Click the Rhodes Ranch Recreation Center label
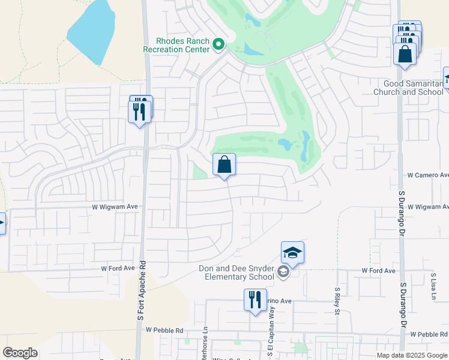pyautogui.click(x=176, y=45)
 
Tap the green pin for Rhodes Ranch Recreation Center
pyautogui.click(x=219, y=44)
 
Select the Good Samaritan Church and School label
pyautogui.click(x=408, y=88)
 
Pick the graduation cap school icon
pyautogui.click(x=292, y=253)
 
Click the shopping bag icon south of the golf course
pyautogui.click(x=224, y=164)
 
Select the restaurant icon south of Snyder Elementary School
pyautogui.click(x=255, y=299)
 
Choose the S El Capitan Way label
pyautogui.click(x=272, y=331)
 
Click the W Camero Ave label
pyautogui.click(x=427, y=175)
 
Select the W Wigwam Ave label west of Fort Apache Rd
pyautogui.click(x=115, y=206)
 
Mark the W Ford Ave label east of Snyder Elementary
pyautogui.click(x=379, y=271)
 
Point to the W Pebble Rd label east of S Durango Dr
pyautogui.click(x=429, y=334)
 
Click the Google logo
pyautogui.click(x=20, y=353)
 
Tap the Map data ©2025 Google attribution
pyautogui.click(x=411, y=355)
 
